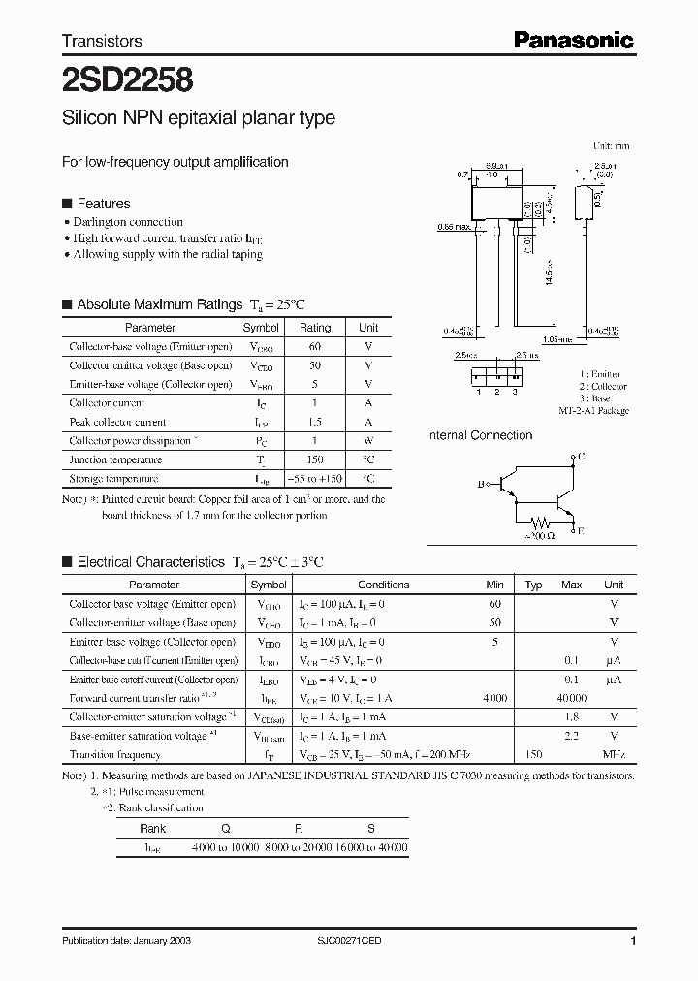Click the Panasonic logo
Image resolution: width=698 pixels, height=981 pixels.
[x=573, y=40]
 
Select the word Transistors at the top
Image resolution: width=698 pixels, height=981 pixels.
[x=102, y=41]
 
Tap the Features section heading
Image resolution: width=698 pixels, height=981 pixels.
[x=103, y=204]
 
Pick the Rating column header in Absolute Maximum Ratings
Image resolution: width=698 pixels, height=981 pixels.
[x=315, y=328]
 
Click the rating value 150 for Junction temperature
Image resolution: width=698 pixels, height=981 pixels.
[x=315, y=459]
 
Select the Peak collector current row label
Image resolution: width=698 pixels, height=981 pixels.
[x=117, y=422]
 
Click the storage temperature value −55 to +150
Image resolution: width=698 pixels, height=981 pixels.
[x=315, y=479]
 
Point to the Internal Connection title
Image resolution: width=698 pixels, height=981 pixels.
[x=479, y=435]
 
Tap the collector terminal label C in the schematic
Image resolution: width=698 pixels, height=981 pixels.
[x=582, y=455]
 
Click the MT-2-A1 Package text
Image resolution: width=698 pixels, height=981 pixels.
[x=593, y=411]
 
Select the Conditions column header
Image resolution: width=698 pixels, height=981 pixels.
[x=383, y=585]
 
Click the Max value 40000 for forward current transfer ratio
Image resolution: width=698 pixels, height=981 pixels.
[x=572, y=697]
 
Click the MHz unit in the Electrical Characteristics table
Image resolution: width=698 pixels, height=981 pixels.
[x=614, y=753]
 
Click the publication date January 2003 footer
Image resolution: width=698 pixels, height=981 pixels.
[x=120, y=941]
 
